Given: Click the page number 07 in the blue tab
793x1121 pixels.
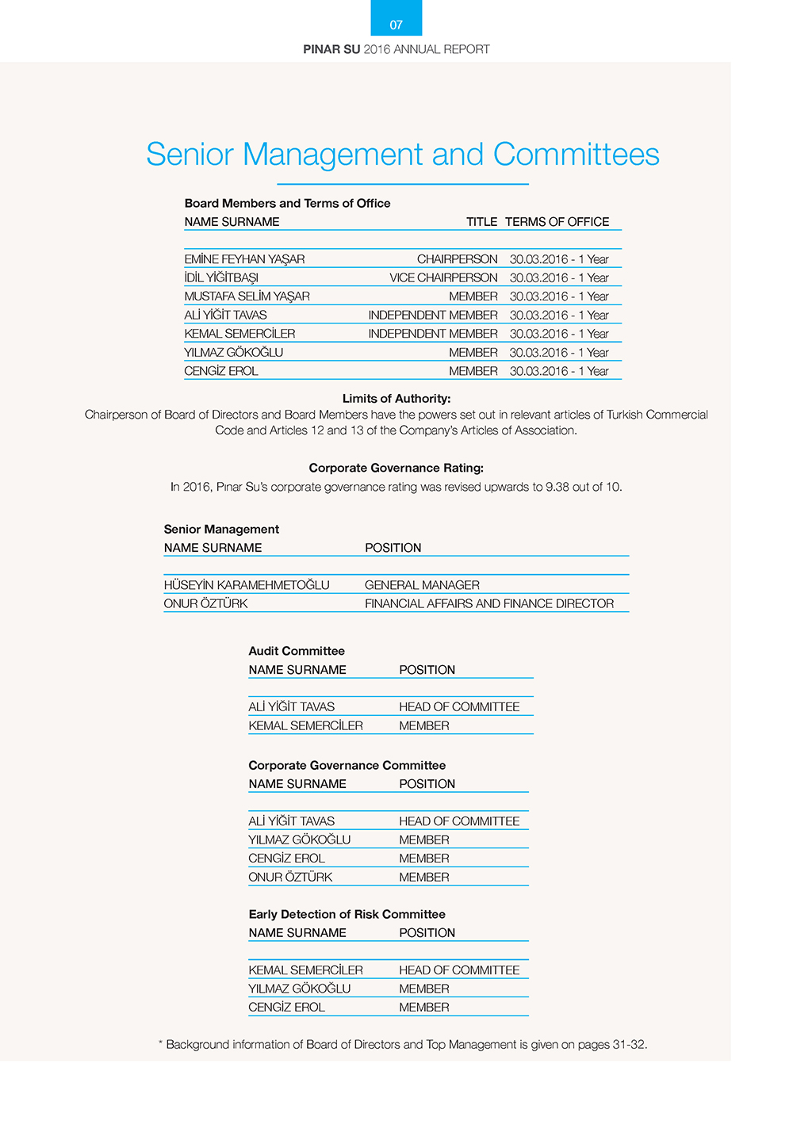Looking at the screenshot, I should pyautogui.click(x=396, y=25).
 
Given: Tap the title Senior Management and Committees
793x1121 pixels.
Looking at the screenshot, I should pyautogui.click(x=402, y=155).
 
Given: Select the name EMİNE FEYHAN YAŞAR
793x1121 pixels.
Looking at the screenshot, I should pyautogui.click(x=244, y=259).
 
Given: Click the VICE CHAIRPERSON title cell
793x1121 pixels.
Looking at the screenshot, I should pyautogui.click(x=443, y=278).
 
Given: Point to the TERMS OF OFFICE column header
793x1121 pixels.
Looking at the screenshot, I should pyautogui.click(x=557, y=222).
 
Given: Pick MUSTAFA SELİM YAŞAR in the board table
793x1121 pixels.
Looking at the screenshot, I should pyautogui.click(x=247, y=297).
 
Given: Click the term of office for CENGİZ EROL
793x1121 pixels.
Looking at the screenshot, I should pyautogui.click(x=559, y=371).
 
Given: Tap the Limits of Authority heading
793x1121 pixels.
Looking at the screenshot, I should pyautogui.click(x=396, y=399).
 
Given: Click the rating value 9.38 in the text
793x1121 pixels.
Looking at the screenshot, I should pyautogui.click(x=560, y=487).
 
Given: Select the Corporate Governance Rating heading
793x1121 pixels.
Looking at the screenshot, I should pyautogui.click(x=396, y=468).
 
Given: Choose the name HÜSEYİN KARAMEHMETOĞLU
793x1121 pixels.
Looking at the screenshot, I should pyautogui.click(x=247, y=585).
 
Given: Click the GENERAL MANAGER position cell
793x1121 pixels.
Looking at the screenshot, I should pyautogui.click(x=422, y=585).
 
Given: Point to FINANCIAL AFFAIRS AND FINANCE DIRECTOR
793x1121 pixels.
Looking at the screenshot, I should pyautogui.click(x=489, y=604).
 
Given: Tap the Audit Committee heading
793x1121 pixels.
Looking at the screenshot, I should pyautogui.click(x=297, y=651).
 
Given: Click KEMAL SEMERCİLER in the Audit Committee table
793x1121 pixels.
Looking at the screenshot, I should pyautogui.click(x=305, y=725).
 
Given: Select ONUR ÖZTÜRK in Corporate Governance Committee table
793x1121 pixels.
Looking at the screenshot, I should pyautogui.click(x=290, y=878).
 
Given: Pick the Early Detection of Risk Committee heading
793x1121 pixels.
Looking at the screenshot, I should pyautogui.click(x=347, y=914).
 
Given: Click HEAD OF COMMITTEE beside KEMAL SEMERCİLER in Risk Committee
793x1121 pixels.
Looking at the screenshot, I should pyautogui.click(x=459, y=970).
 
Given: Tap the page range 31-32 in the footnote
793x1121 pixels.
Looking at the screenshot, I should pyautogui.click(x=629, y=1045).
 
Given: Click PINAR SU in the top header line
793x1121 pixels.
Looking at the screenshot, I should pyautogui.click(x=331, y=49).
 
